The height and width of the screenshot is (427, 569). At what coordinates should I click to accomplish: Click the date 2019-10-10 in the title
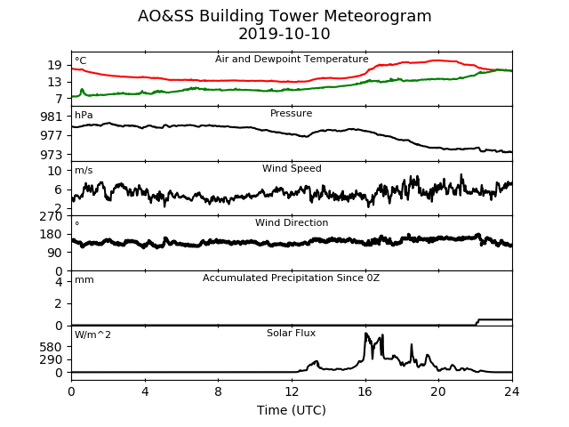click(x=284, y=34)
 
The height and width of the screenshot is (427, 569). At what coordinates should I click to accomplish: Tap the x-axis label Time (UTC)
click(x=292, y=410)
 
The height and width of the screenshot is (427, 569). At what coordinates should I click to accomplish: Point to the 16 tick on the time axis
click(x=365, y=391)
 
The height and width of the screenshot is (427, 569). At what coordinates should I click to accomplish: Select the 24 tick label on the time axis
click(x=512, y=391)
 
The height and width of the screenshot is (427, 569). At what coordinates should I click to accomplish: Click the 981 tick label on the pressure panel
click(x=52, y=117)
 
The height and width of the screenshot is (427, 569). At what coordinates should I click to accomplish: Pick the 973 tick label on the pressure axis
click(x=52, y=155)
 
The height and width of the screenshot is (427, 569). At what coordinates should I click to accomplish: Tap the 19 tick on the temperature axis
click(x=55, y=65)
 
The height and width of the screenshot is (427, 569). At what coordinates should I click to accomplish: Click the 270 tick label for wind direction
click(x=52, y=216)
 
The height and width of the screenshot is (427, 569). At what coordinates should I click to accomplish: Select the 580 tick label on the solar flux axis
click(x=52, y=347)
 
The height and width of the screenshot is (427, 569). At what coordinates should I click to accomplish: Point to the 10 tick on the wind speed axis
click(x=55, y=171)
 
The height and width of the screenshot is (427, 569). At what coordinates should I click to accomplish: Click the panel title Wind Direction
click(x=292, y=222)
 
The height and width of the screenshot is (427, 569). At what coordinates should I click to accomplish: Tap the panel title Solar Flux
click(x=291, y=333)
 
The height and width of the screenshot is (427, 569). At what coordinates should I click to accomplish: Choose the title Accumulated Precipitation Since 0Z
click(x=291, y=278)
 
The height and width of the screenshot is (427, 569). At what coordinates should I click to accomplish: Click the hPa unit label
click(x=84, y=115)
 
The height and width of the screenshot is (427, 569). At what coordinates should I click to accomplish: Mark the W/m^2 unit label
click(x=92, y=334)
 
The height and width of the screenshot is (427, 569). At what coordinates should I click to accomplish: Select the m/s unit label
click(x=84, y=170)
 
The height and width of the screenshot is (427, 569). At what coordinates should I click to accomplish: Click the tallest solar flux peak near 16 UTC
click(x=365, y=334)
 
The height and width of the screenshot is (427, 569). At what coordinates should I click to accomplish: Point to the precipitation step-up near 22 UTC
click(x=477, y=322)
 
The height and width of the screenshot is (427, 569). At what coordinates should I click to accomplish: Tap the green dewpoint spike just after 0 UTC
click(x=82, y=90)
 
